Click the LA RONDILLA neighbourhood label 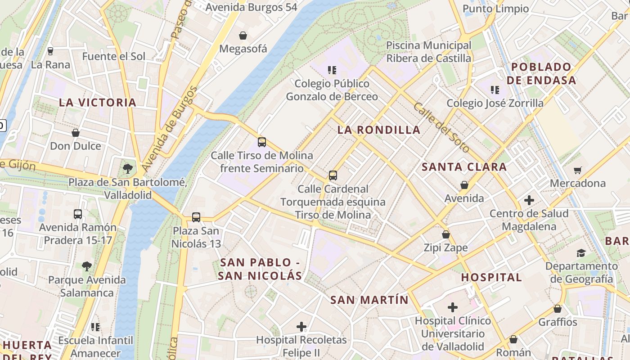(379, 130)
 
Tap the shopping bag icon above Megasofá (243, 36)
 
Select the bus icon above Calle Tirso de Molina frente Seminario (262, 142)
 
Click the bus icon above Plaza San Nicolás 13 (196, 217)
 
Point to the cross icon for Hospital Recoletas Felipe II (301, 326)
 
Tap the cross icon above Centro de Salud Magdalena (529, 200)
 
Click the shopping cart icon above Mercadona (578, 170)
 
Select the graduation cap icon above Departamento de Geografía (581, 253)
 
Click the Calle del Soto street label (441, 127)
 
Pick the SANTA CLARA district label (464, 167)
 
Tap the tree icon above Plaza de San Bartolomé (128, 169)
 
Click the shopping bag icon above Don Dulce (76, 133)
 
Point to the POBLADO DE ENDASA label (541, 74)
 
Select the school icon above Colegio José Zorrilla (495, 90)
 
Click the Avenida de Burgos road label (169, 129)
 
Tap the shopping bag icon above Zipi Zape (446, 234)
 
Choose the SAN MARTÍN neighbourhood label (369, 300)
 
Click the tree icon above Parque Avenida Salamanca (87, 266)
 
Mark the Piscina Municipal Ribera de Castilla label (428, 52)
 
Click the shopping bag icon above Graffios (558, 309)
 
